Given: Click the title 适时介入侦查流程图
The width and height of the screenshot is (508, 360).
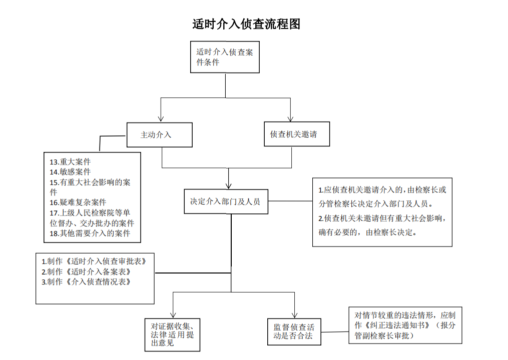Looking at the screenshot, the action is (246, 24).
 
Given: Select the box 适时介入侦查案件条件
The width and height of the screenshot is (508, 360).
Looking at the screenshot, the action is (225, 57).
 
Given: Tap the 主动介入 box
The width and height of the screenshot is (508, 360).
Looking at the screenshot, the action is (159, 134).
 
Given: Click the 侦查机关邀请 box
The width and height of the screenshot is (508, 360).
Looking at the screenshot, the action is (297, 134).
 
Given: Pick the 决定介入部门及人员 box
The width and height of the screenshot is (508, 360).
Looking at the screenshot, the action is (226, 201).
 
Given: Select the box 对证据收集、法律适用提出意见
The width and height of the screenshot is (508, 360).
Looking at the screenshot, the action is (172, 334).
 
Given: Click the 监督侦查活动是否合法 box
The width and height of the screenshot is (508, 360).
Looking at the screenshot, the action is (294, 331).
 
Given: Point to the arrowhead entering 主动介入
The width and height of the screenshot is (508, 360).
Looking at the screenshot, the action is (161, 119).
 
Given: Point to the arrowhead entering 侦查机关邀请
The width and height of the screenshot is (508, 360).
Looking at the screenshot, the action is (290, 118).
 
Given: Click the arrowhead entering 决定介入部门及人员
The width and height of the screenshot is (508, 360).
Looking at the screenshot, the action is (228, 186).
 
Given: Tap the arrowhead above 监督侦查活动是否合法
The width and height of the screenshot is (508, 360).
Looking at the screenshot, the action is (294, 314).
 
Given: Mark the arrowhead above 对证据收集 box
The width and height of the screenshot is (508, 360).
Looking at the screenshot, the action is (173, 314).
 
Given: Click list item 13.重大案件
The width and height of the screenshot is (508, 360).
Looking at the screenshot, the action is (70, 161).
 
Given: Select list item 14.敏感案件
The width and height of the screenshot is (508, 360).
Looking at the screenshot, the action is (70, 172).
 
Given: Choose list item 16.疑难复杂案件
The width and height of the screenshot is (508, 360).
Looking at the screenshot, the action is (78, 202).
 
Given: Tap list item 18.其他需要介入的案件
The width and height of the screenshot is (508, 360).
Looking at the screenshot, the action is (90, 233).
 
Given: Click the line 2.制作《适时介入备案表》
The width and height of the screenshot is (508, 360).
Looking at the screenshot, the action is (86, 271).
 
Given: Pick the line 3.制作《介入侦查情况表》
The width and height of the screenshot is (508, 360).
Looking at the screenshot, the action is (86, 282).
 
